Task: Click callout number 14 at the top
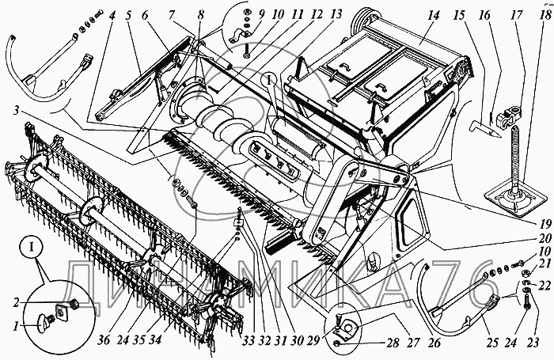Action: pos(433,16)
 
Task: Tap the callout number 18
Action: pos(545,14)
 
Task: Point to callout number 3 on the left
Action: pos(16,111)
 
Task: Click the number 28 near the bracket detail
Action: pos(393,343)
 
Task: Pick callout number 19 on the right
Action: pos(545,223)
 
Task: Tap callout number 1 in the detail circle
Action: pos(16,326)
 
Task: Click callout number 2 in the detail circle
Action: pos(17,302)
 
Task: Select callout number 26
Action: pos(434,342)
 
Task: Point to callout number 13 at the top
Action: pos(336,14)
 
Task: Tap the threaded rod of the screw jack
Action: pos(514,154)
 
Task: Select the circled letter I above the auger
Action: pos(269,81)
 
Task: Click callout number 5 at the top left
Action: pos(128,16)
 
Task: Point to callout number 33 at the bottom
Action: pos(249,340)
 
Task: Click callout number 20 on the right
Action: pos(545,237)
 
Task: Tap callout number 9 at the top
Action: pos(261,14)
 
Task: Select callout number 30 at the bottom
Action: pos(298,340)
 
